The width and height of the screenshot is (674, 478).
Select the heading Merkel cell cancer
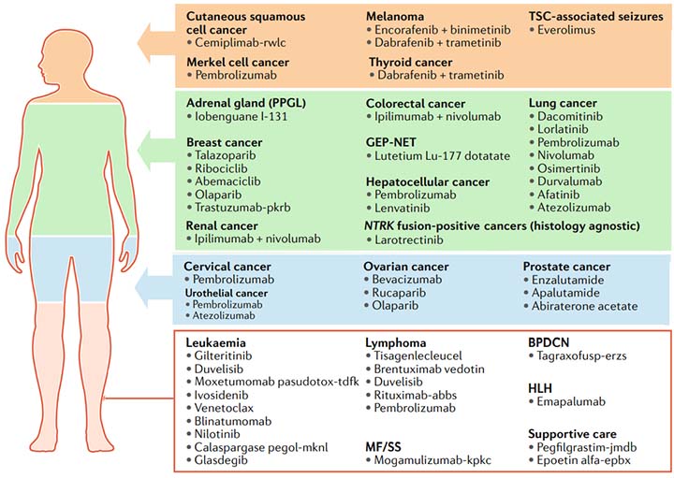(x=237, y=62)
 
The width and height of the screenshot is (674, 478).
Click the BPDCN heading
(x=551, y=342)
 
